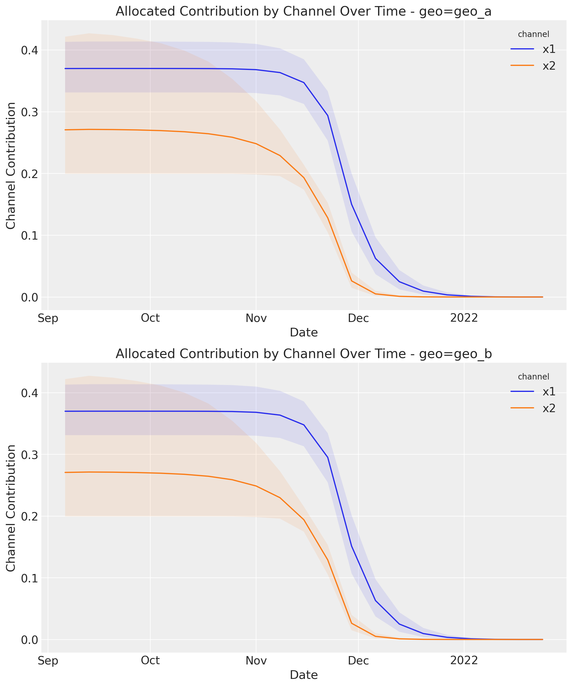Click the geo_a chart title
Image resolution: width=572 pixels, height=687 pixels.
click(x=303, y=12)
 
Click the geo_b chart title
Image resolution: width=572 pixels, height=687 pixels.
click(x=303, y=354)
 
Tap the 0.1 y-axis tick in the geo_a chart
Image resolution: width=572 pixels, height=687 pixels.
click(x=29, y=236)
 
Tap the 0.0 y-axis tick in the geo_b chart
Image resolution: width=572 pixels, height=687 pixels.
click(x=29, y=640)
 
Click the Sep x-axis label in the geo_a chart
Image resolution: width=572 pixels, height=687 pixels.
click(x=48, y=318)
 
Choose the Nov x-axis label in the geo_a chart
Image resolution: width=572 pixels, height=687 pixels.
click(x=256, y=318)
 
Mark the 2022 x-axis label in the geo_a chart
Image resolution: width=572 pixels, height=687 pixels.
click(x=464, y=318)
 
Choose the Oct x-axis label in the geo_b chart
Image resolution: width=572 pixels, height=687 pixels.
click(x=150, y=660)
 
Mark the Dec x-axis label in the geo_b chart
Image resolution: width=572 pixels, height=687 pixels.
click(x=358, y=660)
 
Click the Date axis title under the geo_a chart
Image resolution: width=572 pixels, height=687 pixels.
click(x=304, y=333)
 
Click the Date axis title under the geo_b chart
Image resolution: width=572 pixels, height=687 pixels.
click(x=304, y=675)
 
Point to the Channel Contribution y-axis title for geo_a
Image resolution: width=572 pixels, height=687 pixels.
click(x=11, y=166)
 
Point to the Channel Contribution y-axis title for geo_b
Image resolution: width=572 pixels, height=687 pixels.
click(x=11, y=508)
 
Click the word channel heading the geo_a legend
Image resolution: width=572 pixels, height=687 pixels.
click(x=533, y=34)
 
